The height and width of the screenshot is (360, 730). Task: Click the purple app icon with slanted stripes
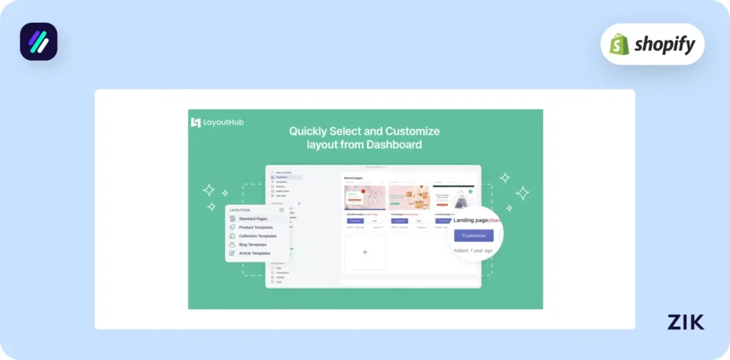[x=38, y=41]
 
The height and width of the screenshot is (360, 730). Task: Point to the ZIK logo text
[x=686, y=322]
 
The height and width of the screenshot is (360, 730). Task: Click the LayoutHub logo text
[x=223, y=122]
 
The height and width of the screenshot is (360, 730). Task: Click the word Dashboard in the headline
[x=396, y=145]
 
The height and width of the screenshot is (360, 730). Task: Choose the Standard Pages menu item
[x=253, y=219]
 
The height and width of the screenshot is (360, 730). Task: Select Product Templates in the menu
[x=255, y=227]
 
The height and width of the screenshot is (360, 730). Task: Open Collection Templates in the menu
[x=257, y=236]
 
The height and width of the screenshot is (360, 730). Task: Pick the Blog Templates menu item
[x=252, y=245]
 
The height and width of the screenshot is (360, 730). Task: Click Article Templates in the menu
[x=255, y=253]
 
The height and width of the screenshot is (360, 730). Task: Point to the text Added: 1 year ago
[x=474, y=250]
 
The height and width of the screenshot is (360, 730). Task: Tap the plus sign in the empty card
[x=365, y=252]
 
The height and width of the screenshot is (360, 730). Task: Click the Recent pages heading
[x=354, y=178]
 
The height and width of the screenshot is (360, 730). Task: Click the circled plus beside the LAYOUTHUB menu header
[x=282, y=210]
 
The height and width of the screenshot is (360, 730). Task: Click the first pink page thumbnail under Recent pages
[x=365, y=197]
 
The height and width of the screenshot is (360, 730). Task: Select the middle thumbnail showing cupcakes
[x=410, y=197]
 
